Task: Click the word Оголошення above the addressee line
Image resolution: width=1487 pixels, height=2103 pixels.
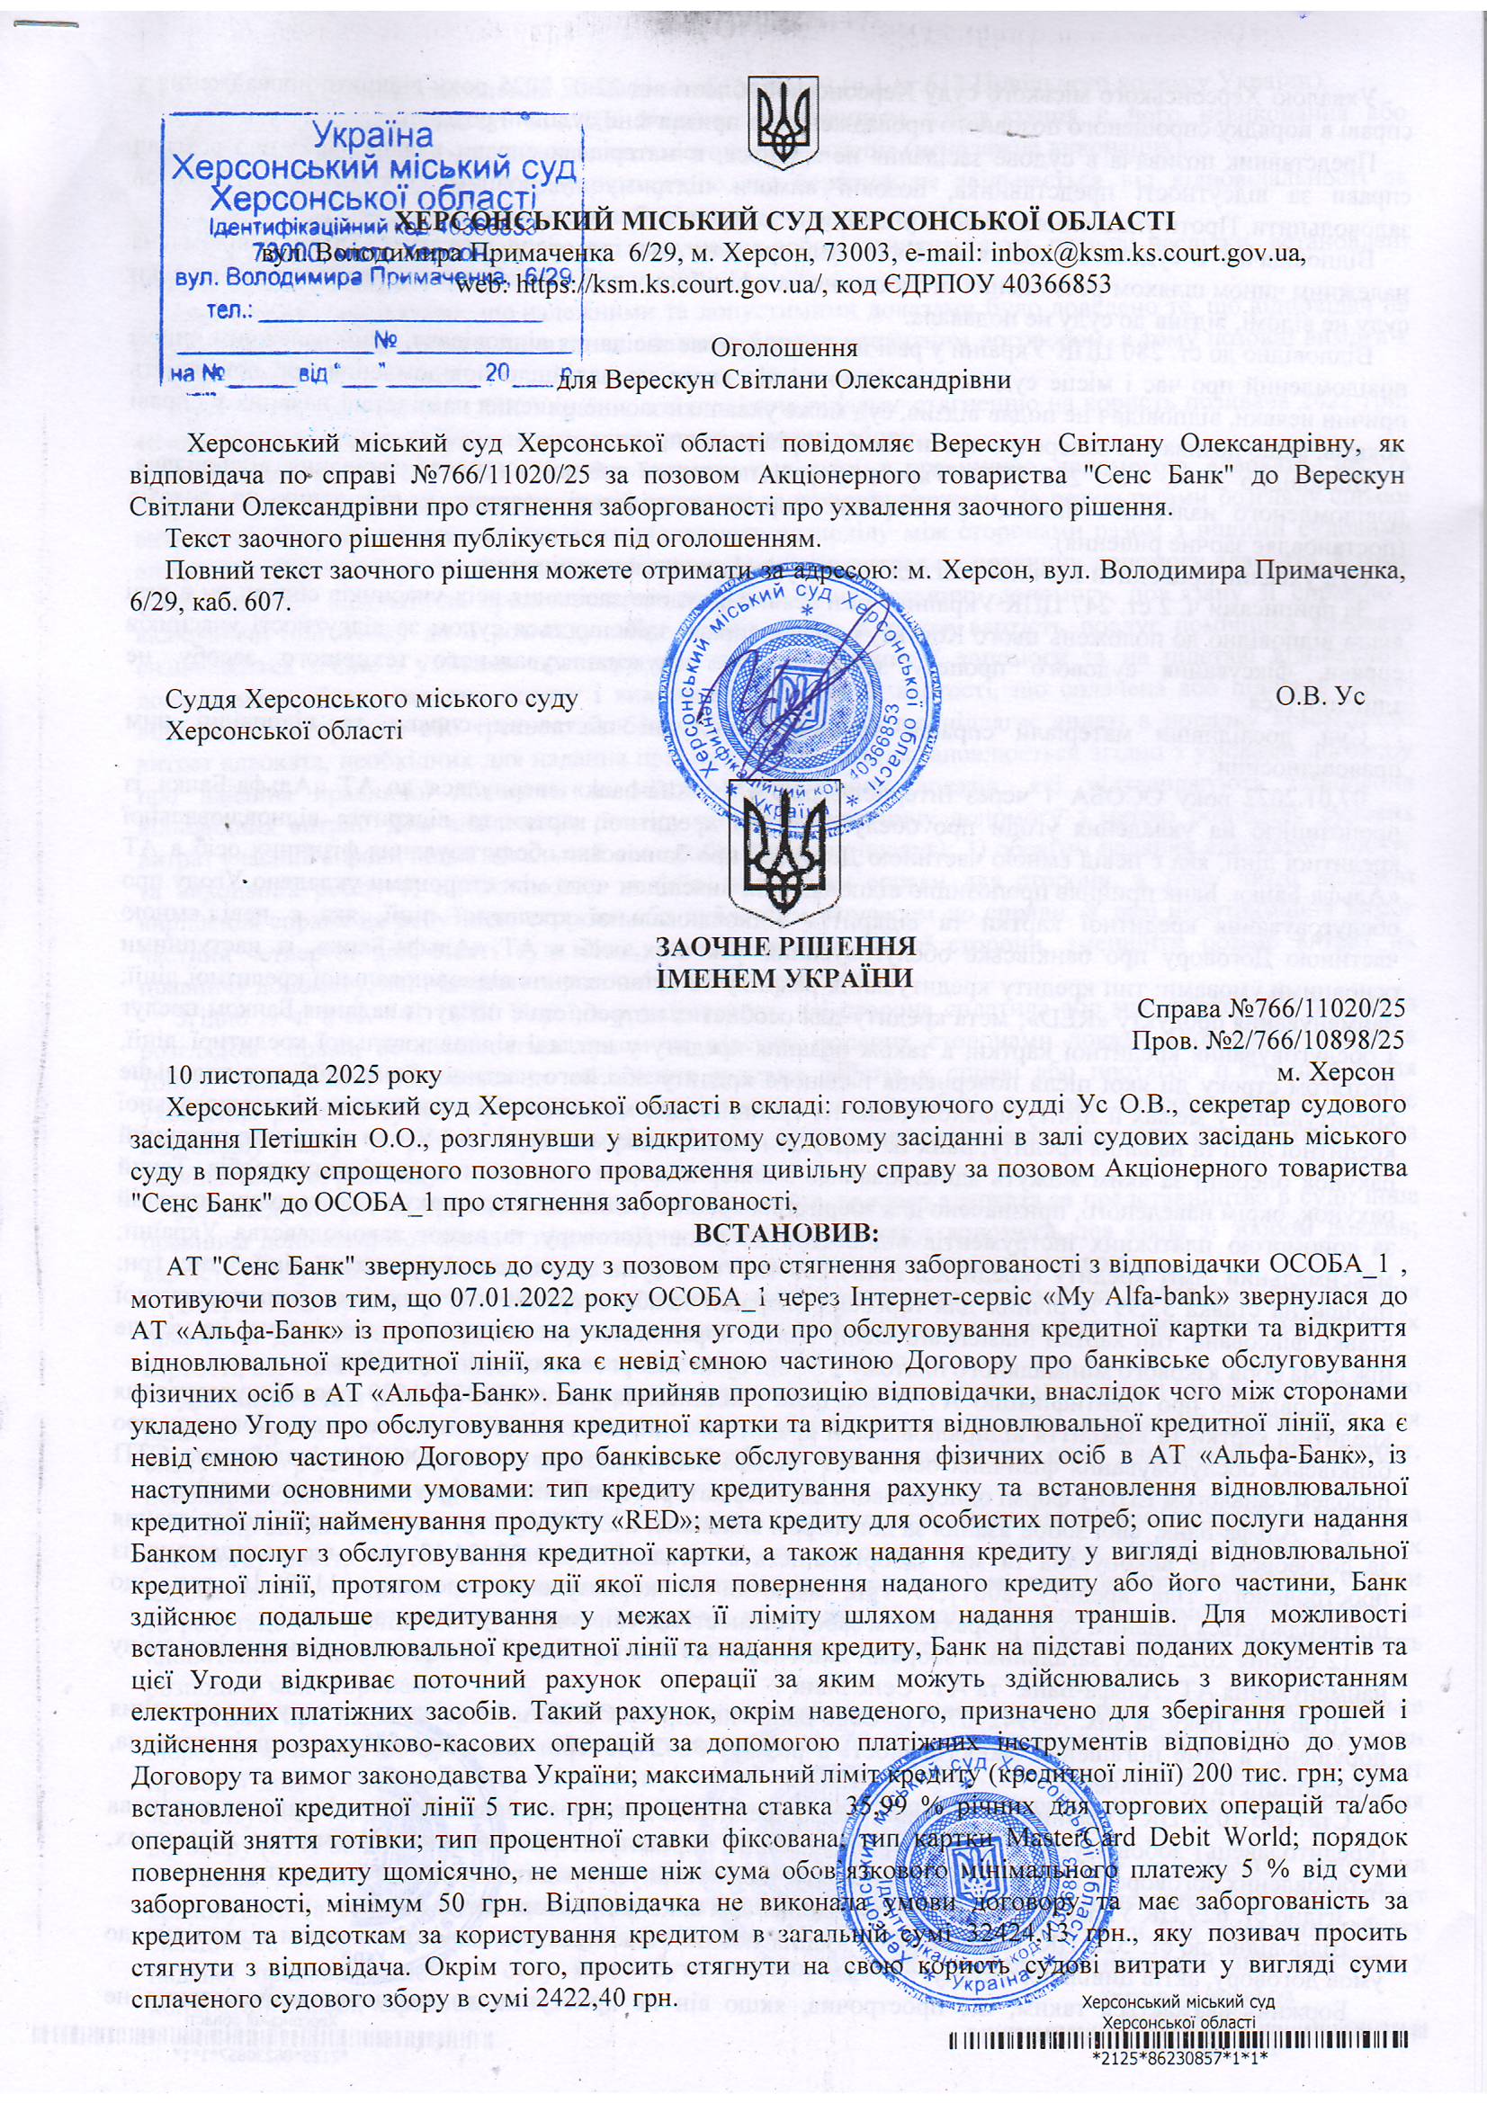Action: point(784,348)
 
